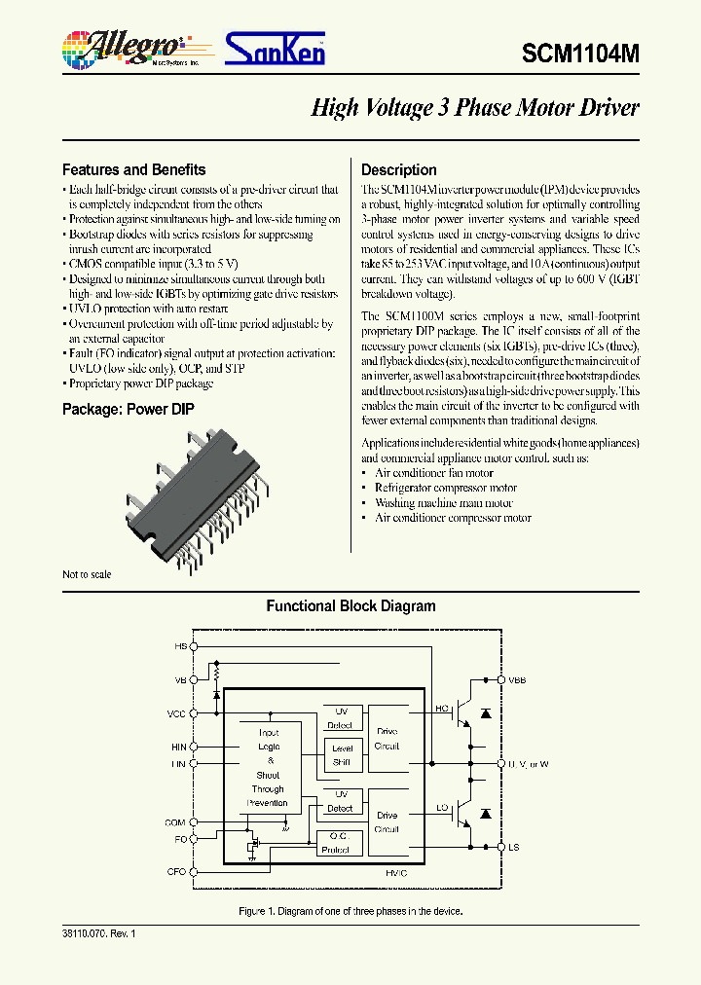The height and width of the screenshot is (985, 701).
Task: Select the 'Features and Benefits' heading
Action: coord(133,169)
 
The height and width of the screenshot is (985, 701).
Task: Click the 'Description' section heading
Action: coord(398,169)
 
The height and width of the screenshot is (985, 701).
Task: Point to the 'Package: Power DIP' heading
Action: coord(128,410)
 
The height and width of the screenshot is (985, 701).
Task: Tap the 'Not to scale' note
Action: coord(87,574)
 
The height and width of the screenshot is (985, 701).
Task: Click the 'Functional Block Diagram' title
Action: coord(350,606)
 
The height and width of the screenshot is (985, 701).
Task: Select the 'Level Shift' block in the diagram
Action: coord(342,755)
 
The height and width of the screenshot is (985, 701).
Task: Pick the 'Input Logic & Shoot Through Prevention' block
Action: coord(268,768)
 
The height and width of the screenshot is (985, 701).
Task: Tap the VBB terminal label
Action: coord(516,680)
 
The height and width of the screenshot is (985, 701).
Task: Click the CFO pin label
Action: coord(176,871)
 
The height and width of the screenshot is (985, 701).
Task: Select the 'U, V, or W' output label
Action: coord(528,764)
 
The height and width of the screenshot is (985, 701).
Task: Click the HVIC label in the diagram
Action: coord(393,873)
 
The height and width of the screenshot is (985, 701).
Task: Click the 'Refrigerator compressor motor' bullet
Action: coord(445,488)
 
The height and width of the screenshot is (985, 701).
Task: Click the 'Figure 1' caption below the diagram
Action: coord(350,911)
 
